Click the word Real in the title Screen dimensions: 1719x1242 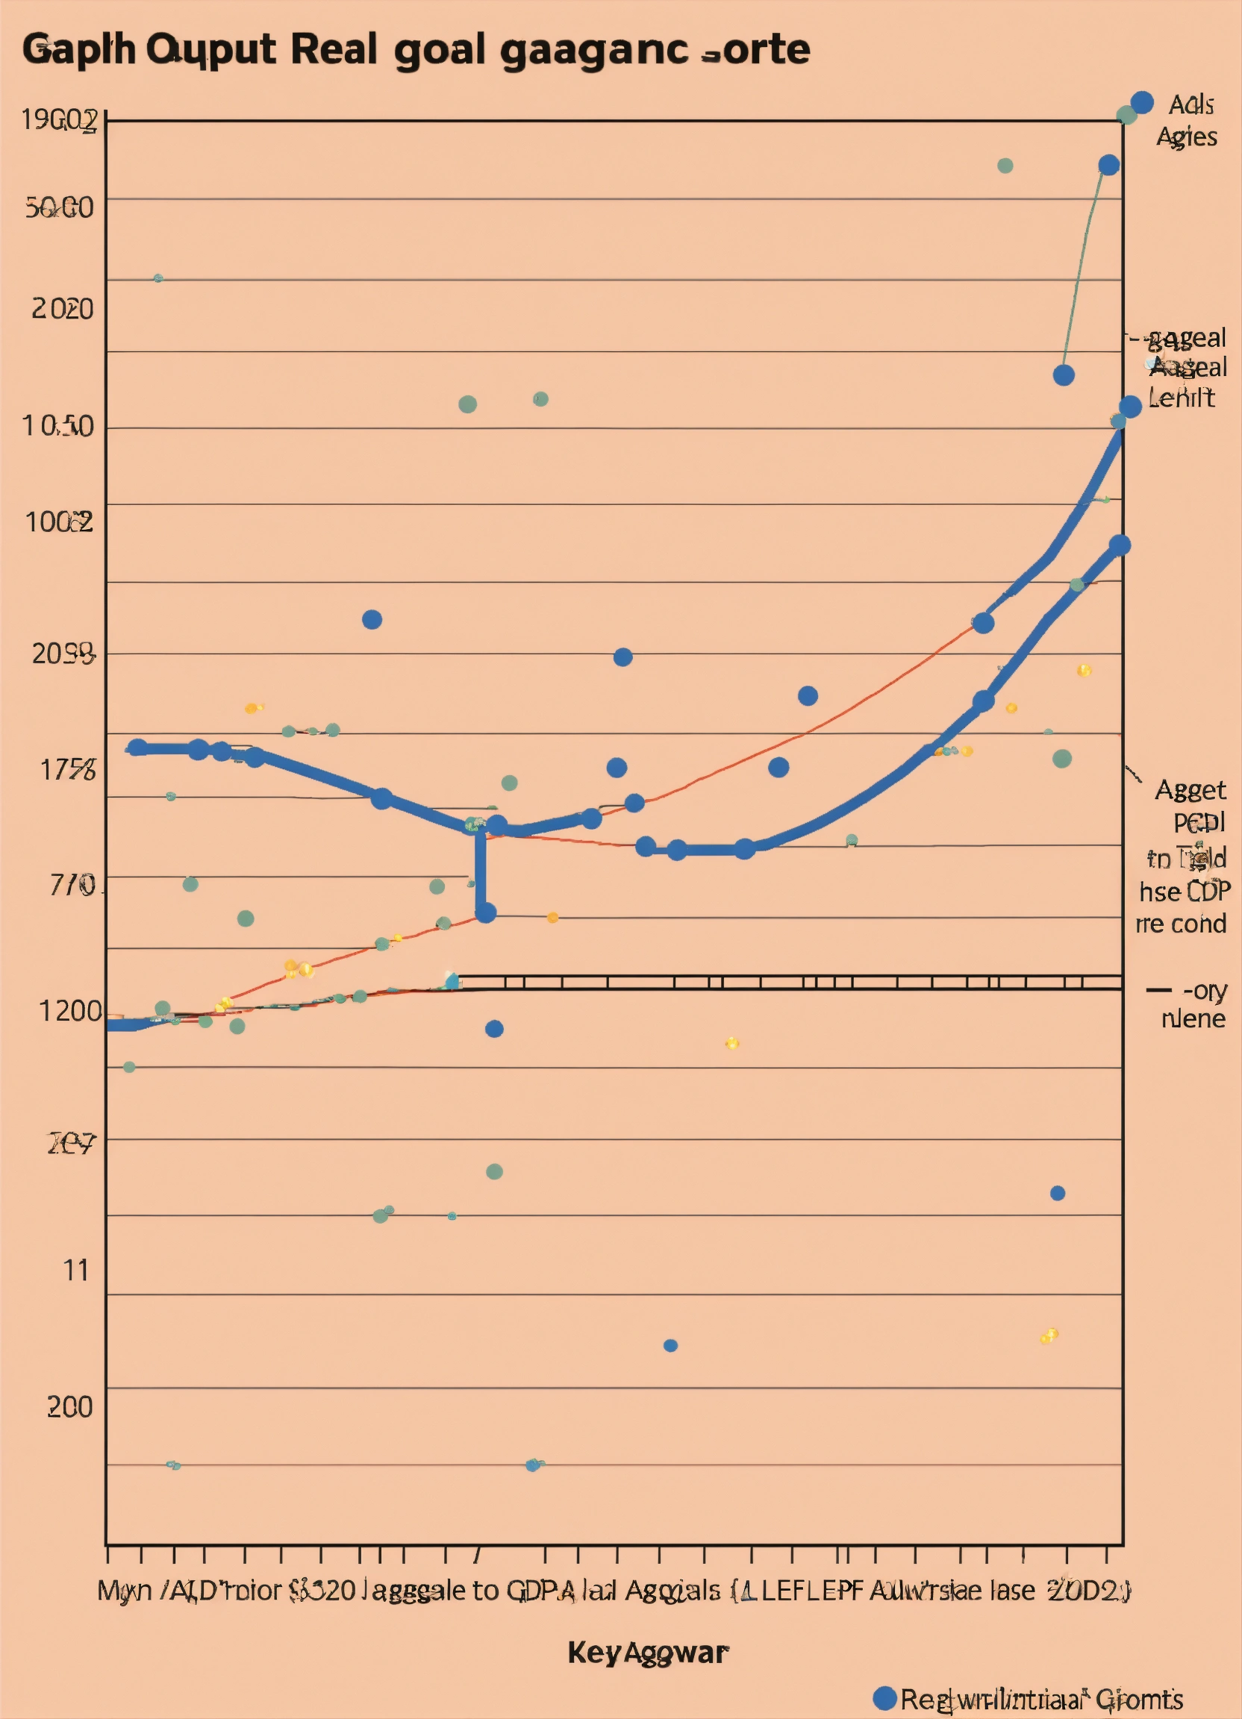click(x=333, y=50)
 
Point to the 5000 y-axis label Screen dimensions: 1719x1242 click(x=59, y=207)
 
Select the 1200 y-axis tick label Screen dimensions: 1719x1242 click(x=69, y=1011)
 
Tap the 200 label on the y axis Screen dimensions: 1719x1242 click(x=69, y=1406)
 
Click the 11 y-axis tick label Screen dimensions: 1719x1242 click(x=76, y=1271)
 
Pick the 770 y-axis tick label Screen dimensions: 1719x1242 click(x=73, y=885)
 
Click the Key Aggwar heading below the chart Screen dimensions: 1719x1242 click(x=648, y=1653)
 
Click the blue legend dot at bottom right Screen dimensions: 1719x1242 click(x=884, y=1699)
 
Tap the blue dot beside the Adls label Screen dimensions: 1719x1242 click(x=1142, y=102)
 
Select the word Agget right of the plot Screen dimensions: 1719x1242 click(x=1190, y=791)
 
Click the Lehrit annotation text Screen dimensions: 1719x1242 click(x=1181, y=398)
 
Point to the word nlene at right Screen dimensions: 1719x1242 click(x=1193, y=1018)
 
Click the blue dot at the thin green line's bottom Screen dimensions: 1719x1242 click(x=1064, y=375)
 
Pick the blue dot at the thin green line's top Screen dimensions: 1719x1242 click(x=1108, y=165)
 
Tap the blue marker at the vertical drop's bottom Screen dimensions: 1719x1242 click(x=485, y=912)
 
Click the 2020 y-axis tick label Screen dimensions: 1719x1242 click(x=62, y=309)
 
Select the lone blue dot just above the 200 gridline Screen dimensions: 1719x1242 click(x=670, y=1345)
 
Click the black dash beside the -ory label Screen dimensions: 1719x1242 click(x=1158, y=990)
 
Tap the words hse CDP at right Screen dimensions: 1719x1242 click(x=1185, y=892)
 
